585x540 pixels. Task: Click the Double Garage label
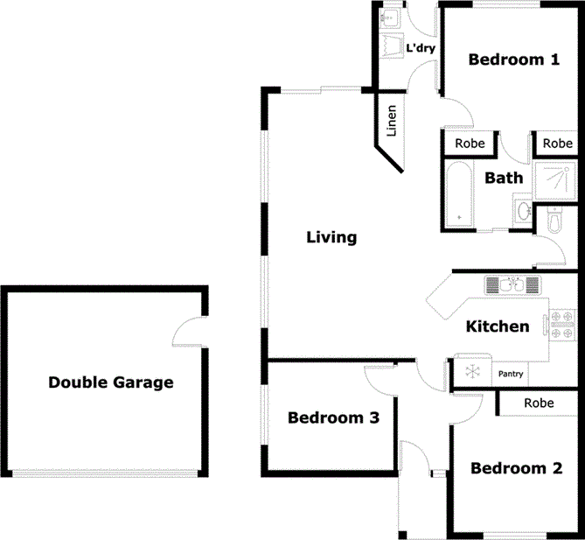coord(110,382)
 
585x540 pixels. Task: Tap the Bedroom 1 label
coord(513,60)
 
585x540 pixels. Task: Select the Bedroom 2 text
coord(515,468)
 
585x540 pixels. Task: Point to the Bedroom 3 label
coord(333,417)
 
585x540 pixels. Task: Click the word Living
coord(331,237)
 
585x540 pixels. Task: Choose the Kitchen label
coord(497,326)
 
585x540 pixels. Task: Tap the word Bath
coord(504,178)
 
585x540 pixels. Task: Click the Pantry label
coord(511,375)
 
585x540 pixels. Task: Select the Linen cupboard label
coord(392,122)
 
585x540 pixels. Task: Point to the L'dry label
coord(421,48)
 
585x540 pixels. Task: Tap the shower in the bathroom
coord(554,181)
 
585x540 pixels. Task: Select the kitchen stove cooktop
coord(561,324)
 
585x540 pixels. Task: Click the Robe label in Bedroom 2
coord(539,403)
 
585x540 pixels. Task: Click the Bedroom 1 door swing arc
coord(458,114)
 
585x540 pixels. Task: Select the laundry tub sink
coord(391,18)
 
